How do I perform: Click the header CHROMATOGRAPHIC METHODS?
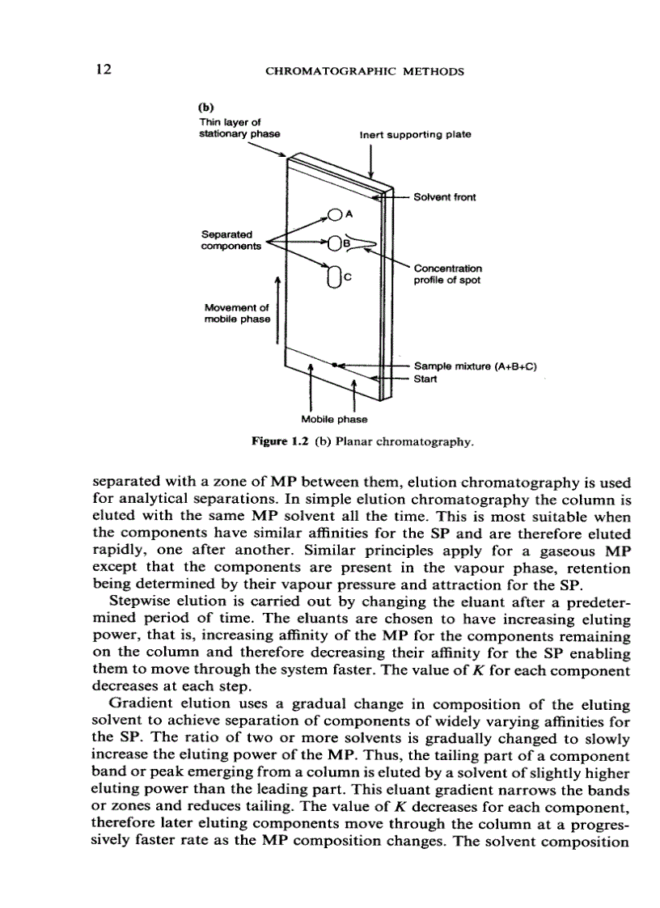click(365, 71)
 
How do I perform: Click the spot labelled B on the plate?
click(335, 243)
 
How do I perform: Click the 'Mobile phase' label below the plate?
click(333, 419)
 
